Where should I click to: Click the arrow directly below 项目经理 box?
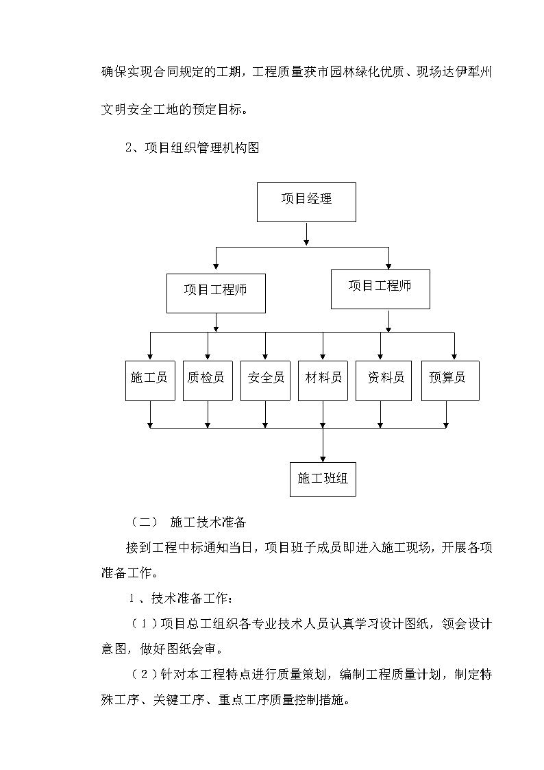tap(306, 234)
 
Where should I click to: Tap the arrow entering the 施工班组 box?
tap(323, 445)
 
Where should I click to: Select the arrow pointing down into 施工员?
tap(150, 346)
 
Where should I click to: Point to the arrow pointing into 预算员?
tap(454, 346)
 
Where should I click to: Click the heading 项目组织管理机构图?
tap(202, 147)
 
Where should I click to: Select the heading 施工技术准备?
tap(208, 522)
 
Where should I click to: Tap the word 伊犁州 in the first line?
tap(473, 72)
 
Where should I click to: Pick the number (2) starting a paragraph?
tap(145, 674)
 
